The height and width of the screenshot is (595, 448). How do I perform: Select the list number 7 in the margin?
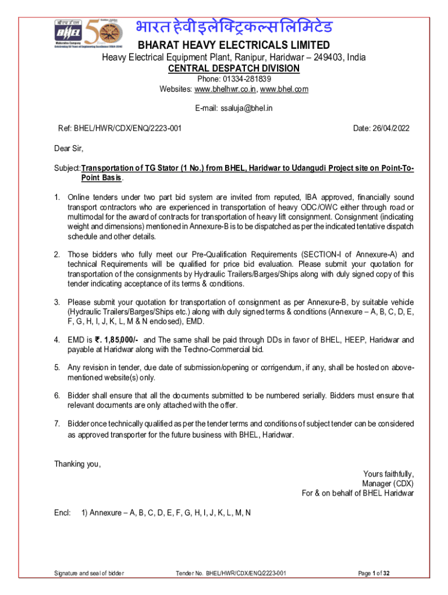click(57, 423)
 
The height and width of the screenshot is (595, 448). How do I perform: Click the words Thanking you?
click(77, 464)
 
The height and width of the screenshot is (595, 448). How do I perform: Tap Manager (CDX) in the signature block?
click(387, 483)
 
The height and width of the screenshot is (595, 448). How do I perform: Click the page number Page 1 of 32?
click(374, 574)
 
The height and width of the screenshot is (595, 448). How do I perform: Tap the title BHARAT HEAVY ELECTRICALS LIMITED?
click(233, 45)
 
